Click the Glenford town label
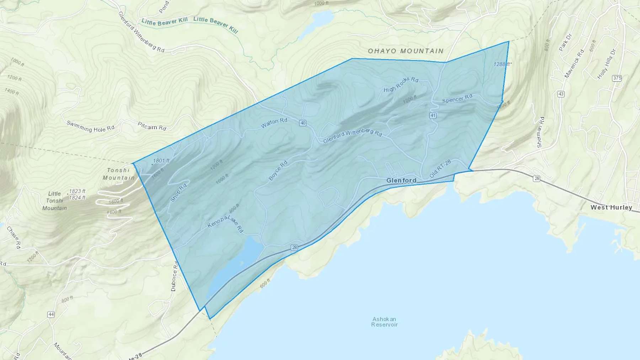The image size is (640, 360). (x=401, y=181)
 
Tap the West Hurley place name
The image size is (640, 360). (x=611, y=208)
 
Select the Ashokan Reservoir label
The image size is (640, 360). (x=384, y=322)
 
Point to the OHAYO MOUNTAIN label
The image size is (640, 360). (x=406, y=51)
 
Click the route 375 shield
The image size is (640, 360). (x=617, y=78)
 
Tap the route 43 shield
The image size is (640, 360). (x=561, y=94)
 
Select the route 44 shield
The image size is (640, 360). (x=51, y=315)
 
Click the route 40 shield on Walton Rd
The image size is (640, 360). (x=303, y=123)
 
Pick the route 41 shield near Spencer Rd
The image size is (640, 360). (x=433, y=115)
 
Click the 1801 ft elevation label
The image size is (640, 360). (x=161, y=161)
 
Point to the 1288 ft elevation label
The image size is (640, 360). (x=502, y=64)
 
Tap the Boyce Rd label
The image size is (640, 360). (x=278, y=171)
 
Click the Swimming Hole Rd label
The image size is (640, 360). (x=90, y=127)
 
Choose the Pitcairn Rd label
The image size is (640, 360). (x=152, y=126)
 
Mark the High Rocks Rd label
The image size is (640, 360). (x=401, y=84)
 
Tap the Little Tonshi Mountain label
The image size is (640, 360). (x=54, y=201)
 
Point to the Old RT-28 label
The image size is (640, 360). (x=440, y=169)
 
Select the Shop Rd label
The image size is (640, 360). (x=178, y=193)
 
